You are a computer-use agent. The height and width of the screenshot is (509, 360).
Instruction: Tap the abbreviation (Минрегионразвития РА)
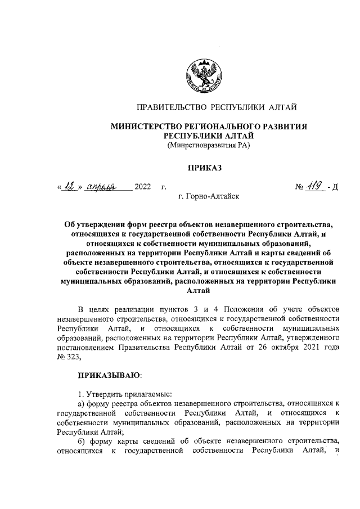click(208, 146)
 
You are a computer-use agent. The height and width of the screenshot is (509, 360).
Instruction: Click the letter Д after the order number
click(334, 187)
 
